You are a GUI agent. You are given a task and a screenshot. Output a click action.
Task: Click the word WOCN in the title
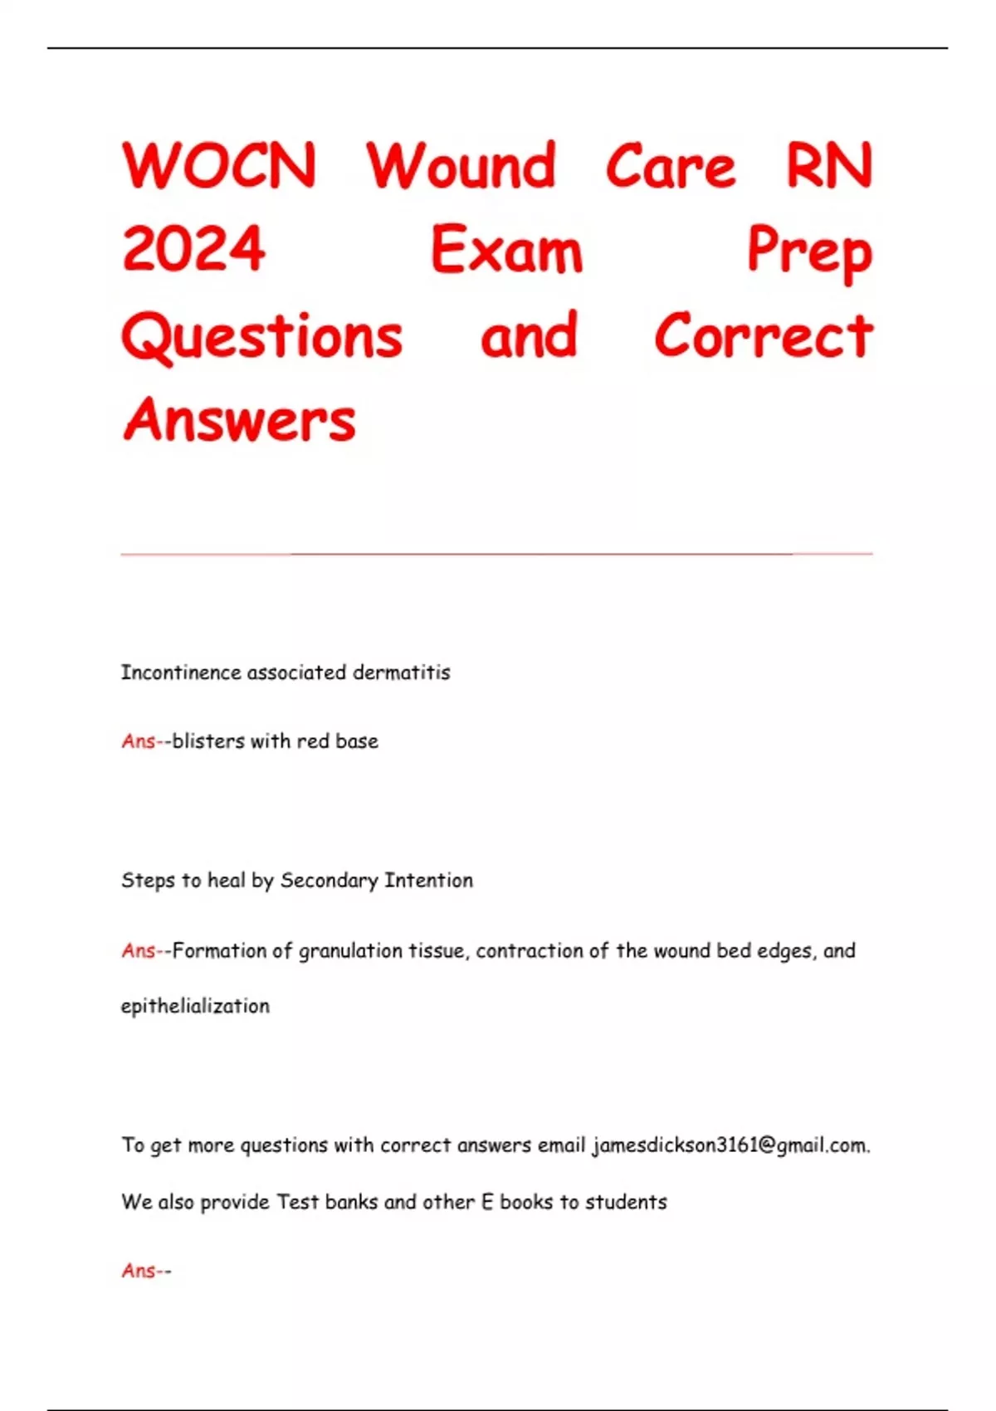tap(219, 166)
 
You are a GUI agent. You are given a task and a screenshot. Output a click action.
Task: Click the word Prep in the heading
tap(809, 251)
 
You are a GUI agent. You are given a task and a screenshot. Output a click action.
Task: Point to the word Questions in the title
tap(262, 336)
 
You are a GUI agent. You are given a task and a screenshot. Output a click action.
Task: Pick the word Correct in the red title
tap(764, 336)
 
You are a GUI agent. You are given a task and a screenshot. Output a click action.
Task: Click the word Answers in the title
tap(239, 420)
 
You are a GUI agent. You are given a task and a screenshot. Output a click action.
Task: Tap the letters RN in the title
tap(829, 166)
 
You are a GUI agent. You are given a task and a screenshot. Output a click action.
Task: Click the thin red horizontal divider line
tap(496, 553)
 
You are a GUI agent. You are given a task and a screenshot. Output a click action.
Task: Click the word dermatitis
tap(401, 672)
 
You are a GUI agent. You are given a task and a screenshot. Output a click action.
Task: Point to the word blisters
tap(208, 741)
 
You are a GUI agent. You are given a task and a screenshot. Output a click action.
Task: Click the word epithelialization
tap(195, 1006)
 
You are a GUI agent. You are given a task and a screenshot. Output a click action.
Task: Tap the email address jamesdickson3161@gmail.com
tap(730, 1145)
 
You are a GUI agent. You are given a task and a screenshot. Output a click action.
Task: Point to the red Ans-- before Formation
tap(146, 951)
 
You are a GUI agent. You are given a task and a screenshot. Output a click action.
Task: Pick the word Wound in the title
tap(461, 166)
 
